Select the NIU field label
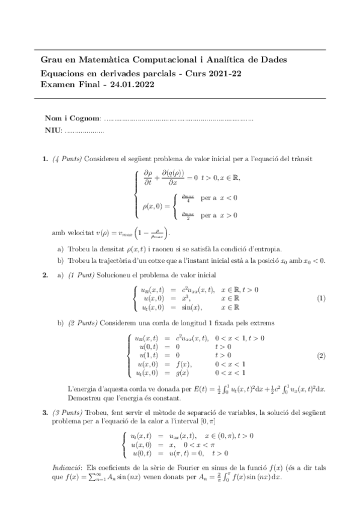tap(53, 131)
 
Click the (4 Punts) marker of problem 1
tap(68, 159)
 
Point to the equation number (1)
tap(321, 299)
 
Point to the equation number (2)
tap(321, 355)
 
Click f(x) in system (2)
tap(182, 364)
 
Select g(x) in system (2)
tap(182, 373)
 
